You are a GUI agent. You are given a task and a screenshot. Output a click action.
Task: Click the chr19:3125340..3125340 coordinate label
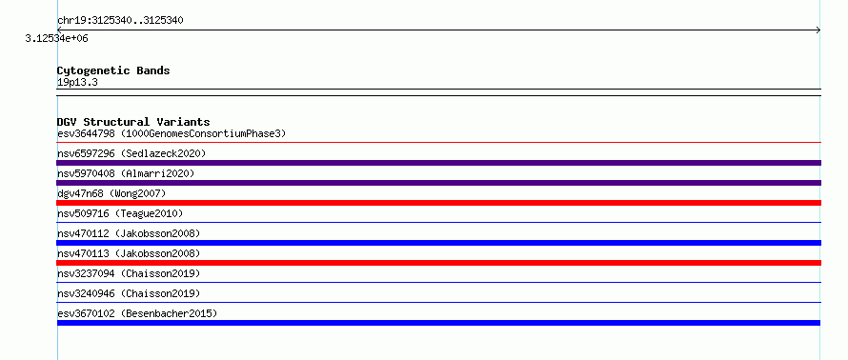pos(120,21)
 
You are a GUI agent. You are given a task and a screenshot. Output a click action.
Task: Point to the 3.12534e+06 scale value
pos(57,39)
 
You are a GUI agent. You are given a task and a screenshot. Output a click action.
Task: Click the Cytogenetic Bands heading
pos(113,70)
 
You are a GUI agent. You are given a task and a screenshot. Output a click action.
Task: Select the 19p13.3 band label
pos(77,83)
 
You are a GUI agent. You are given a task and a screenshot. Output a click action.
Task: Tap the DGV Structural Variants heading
pos(133,122)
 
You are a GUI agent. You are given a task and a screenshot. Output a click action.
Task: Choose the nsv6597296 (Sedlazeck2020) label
pos(131,153)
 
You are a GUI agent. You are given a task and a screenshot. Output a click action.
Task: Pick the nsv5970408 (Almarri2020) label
pos(126,173)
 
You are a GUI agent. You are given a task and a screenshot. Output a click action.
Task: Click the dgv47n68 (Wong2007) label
pos(111,193)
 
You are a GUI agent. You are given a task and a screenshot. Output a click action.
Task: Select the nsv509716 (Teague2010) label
pos(120,213)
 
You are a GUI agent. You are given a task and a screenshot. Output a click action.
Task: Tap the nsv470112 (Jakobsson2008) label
pos(129,233)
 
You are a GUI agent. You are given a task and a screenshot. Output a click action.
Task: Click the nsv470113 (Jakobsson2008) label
pos(129,253)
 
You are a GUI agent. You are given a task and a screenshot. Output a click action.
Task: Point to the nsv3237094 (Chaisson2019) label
pos(129,273)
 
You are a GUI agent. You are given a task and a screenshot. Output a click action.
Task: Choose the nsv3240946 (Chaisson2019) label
pos(129,293)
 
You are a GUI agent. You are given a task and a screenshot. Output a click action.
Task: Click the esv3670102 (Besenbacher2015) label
pos(137,313)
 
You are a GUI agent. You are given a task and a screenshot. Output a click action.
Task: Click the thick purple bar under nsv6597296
pos(438,163)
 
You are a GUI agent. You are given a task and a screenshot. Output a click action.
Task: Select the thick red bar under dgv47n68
pos(438,203)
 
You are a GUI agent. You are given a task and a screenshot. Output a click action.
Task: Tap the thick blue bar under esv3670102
pos(438,323)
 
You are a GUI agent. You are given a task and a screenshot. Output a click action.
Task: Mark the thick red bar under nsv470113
pos(438,263)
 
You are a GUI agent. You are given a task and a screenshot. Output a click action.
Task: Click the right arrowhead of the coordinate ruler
pos(818,30)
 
